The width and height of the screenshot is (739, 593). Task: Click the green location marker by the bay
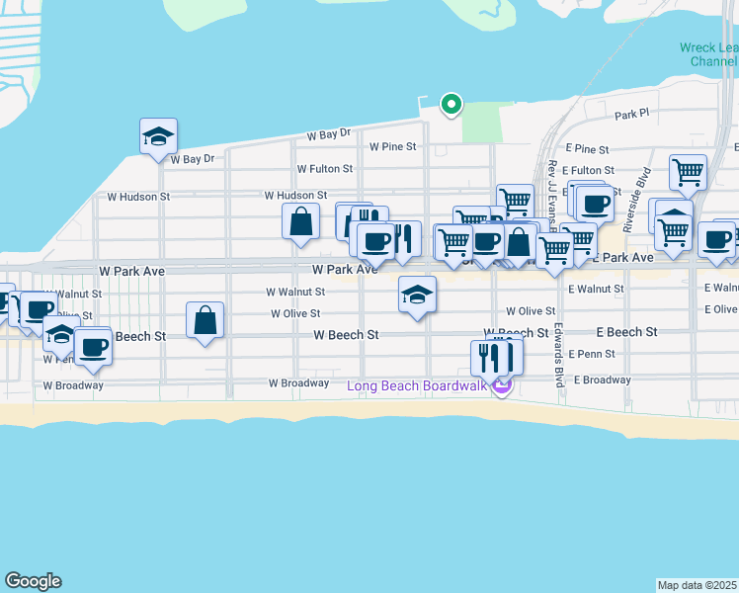coord(451,103)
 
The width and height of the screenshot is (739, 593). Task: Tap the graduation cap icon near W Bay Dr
coord(158,137)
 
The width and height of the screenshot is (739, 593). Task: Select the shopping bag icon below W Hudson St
coord(300,221)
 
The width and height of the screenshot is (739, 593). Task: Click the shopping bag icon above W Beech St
coord(205,320)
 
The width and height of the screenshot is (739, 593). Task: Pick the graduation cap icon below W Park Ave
coord(417,294)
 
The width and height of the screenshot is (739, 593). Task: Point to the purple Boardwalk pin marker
coord(501,386)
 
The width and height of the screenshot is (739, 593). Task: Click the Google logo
coord(33,581)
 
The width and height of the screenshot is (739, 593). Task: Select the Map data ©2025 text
coord(698,585)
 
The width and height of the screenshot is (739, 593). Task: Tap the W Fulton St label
coord(324,169)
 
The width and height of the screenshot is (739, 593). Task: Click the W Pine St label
coord(393,146)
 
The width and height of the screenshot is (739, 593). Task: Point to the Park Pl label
coord(630,114)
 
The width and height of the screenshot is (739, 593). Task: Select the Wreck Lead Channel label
coord(708,54)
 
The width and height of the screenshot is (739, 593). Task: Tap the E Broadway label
coord(602,380)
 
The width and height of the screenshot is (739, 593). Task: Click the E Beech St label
coord(625,332)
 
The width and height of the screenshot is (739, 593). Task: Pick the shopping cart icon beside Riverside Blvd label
coord(688,172)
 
